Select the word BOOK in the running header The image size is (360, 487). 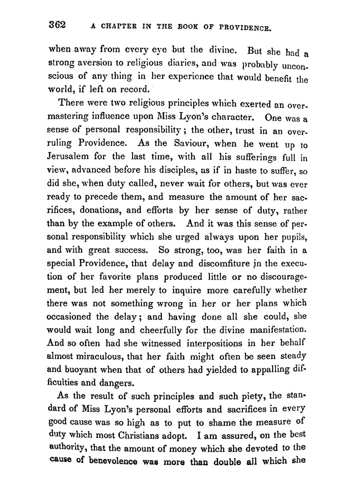coord(187,28)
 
